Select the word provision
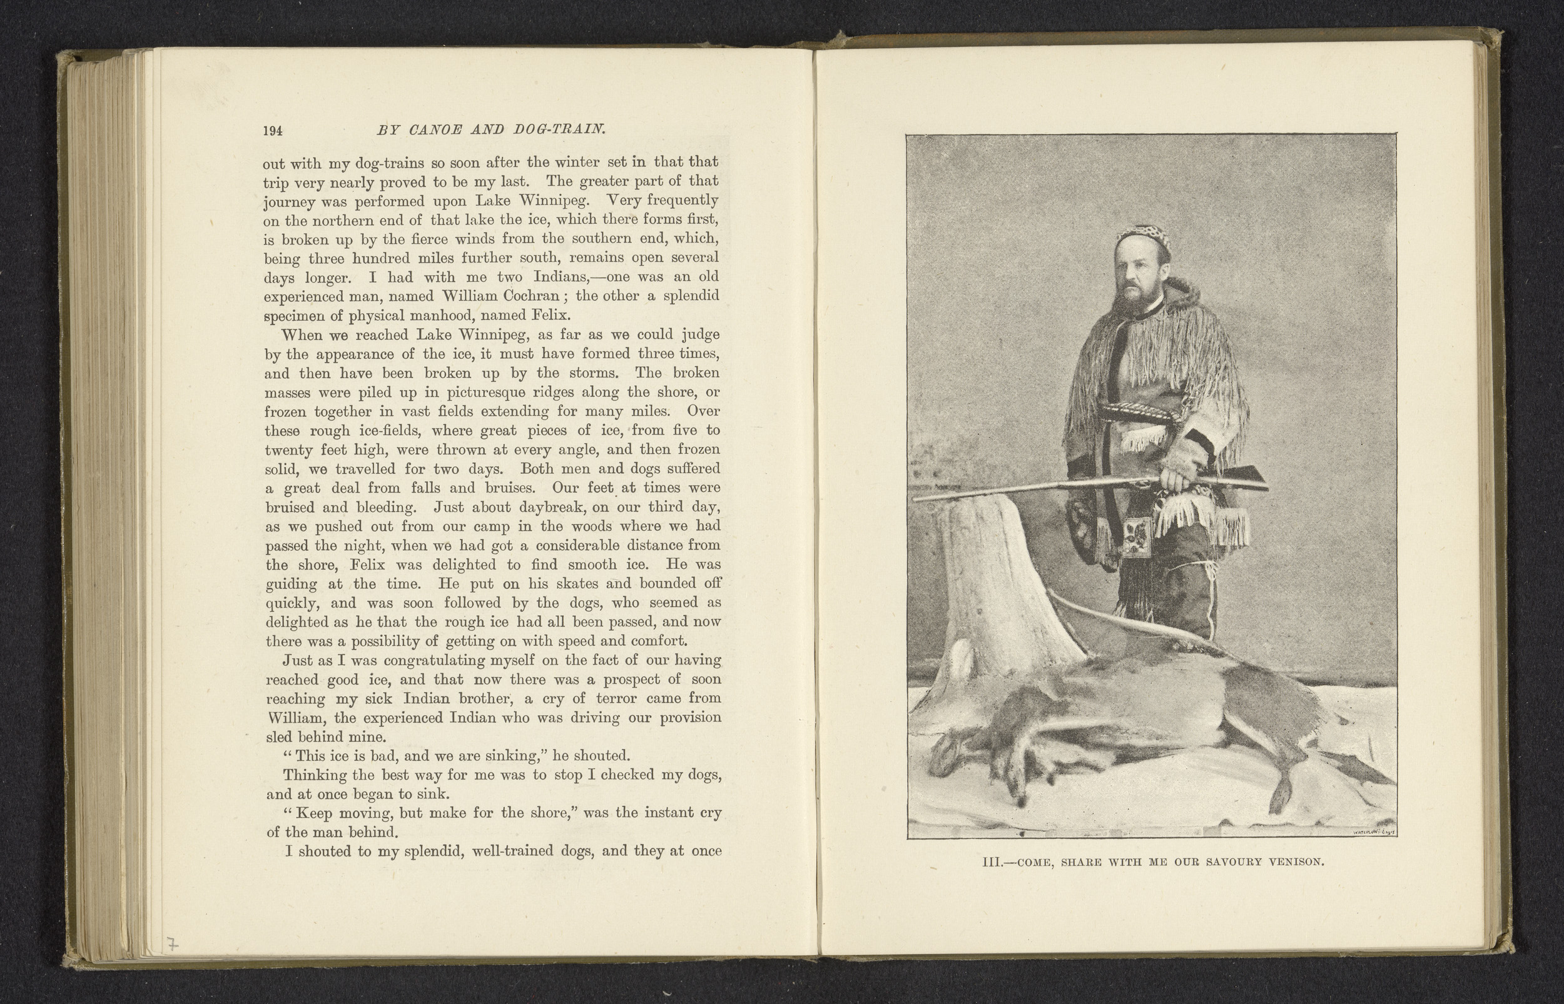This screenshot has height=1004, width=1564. point(690,718)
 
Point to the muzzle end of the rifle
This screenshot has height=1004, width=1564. point(916,499)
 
